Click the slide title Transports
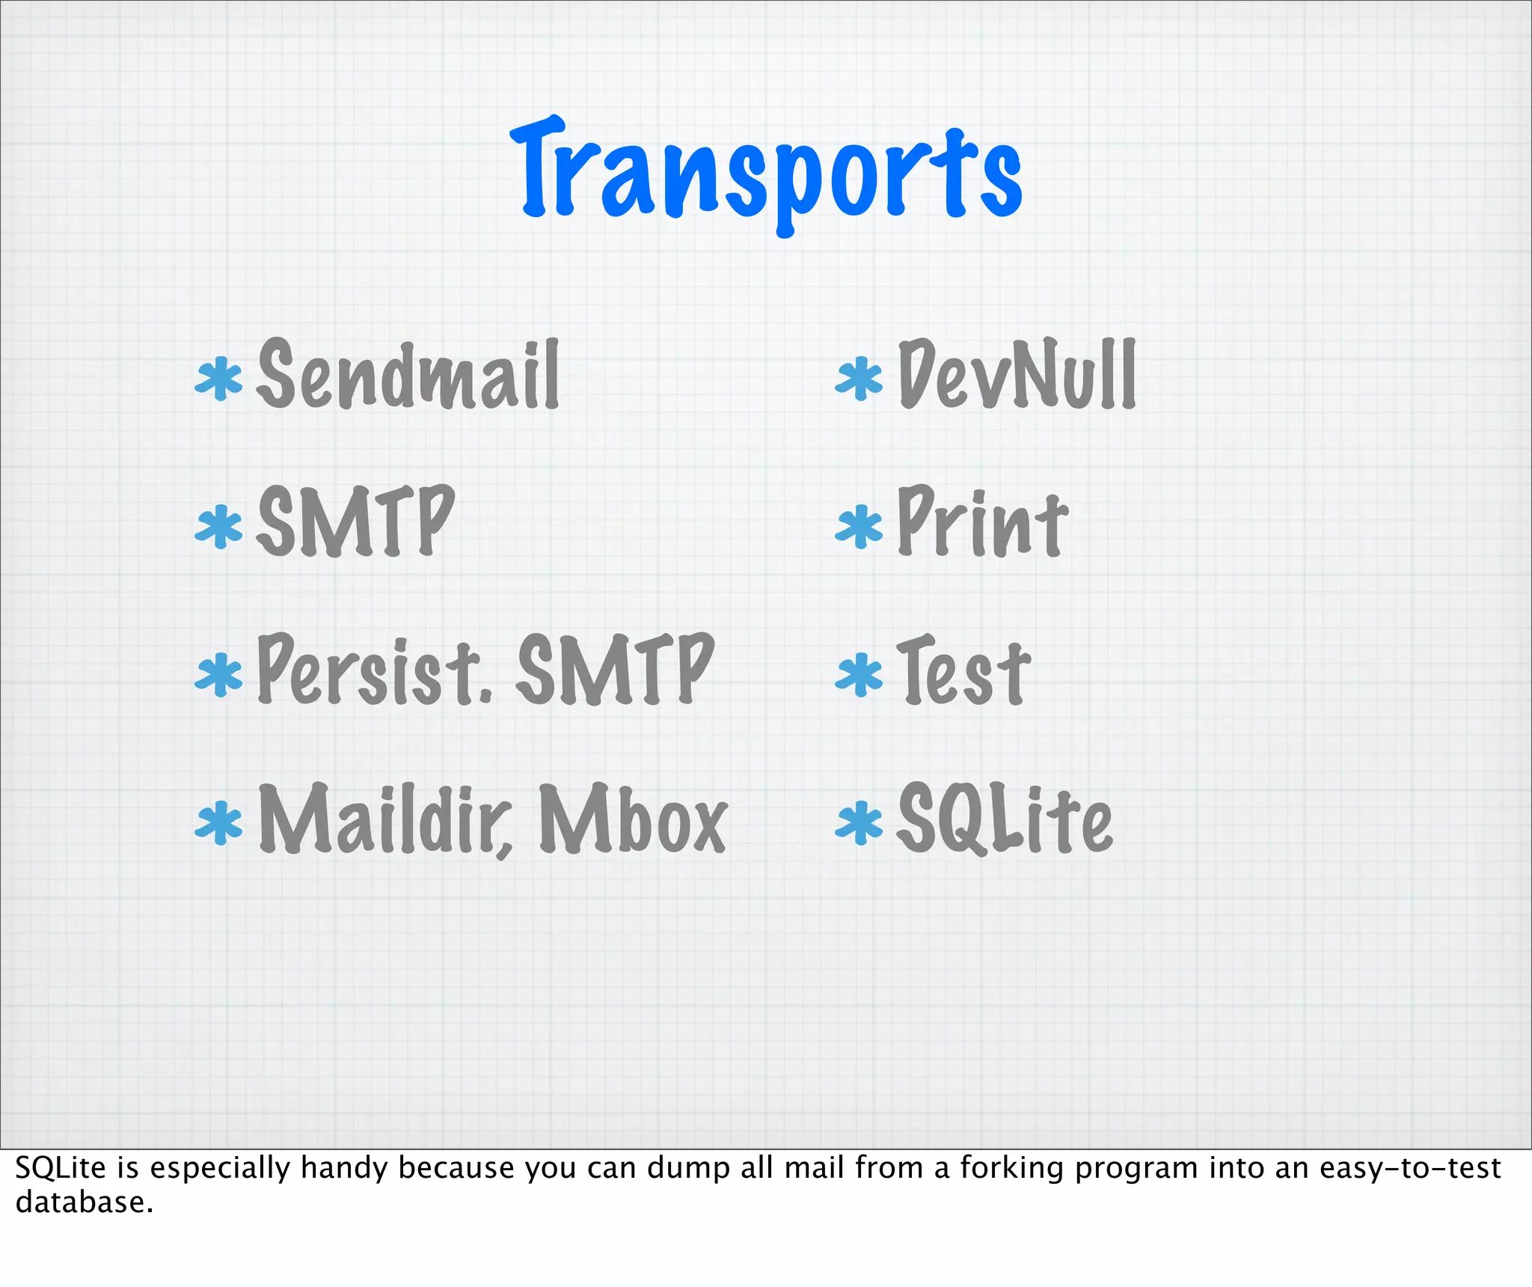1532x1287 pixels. pos(766,174)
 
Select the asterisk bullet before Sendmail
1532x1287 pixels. pos(218,379)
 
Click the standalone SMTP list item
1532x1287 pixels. pos(355,522)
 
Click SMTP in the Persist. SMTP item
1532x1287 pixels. pos(615,670)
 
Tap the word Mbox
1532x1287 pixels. pos(632,819)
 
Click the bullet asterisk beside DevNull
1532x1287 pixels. pos(859,379)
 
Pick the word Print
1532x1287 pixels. pos(981,522)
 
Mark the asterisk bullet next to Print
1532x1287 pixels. pos(859,527)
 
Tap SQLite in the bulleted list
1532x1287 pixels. pos(1004,819)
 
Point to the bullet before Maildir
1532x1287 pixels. pos(218,822)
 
